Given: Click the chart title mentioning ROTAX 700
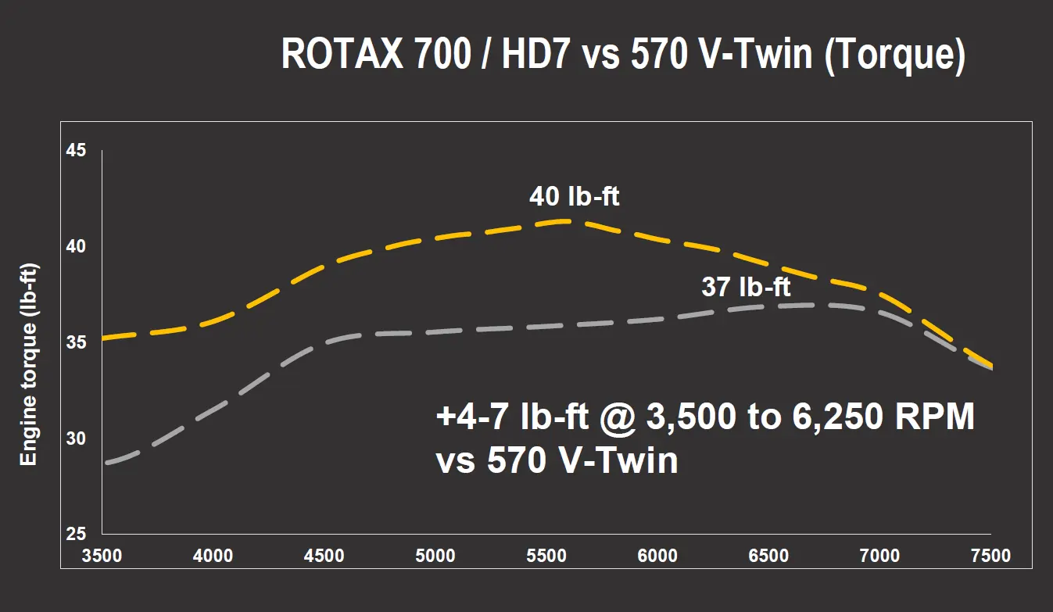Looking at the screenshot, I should [x=622, y=55].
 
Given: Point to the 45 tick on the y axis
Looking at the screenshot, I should [x=76, y=150].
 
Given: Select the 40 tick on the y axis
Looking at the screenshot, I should [x=76, y=246].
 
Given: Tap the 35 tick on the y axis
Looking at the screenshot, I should [x=76, y=342].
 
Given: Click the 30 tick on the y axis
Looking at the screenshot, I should [x=76, y=438].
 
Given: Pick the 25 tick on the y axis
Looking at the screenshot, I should [x=76, y=535].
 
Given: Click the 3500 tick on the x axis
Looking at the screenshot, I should [x=102, y=556].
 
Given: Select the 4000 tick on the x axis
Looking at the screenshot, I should [x=213, y=556].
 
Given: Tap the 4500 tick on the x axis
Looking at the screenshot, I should [x=324, y=556].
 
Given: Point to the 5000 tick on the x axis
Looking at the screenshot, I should [x=435, y=556].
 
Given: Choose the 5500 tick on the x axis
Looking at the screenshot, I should [x=546, y=556].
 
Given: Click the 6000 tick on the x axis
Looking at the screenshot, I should [x=657, y=556].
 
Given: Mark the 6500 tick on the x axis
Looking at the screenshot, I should [x=768, y=556].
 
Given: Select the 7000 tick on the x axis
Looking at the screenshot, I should [x=879, y=556].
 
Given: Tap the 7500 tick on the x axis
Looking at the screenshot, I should [x=990, y=556].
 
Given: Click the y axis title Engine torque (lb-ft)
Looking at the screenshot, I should [x=29, y=364].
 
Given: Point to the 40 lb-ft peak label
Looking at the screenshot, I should [x=574, y=197].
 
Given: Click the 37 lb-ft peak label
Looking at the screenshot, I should [x=746, y=288].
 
